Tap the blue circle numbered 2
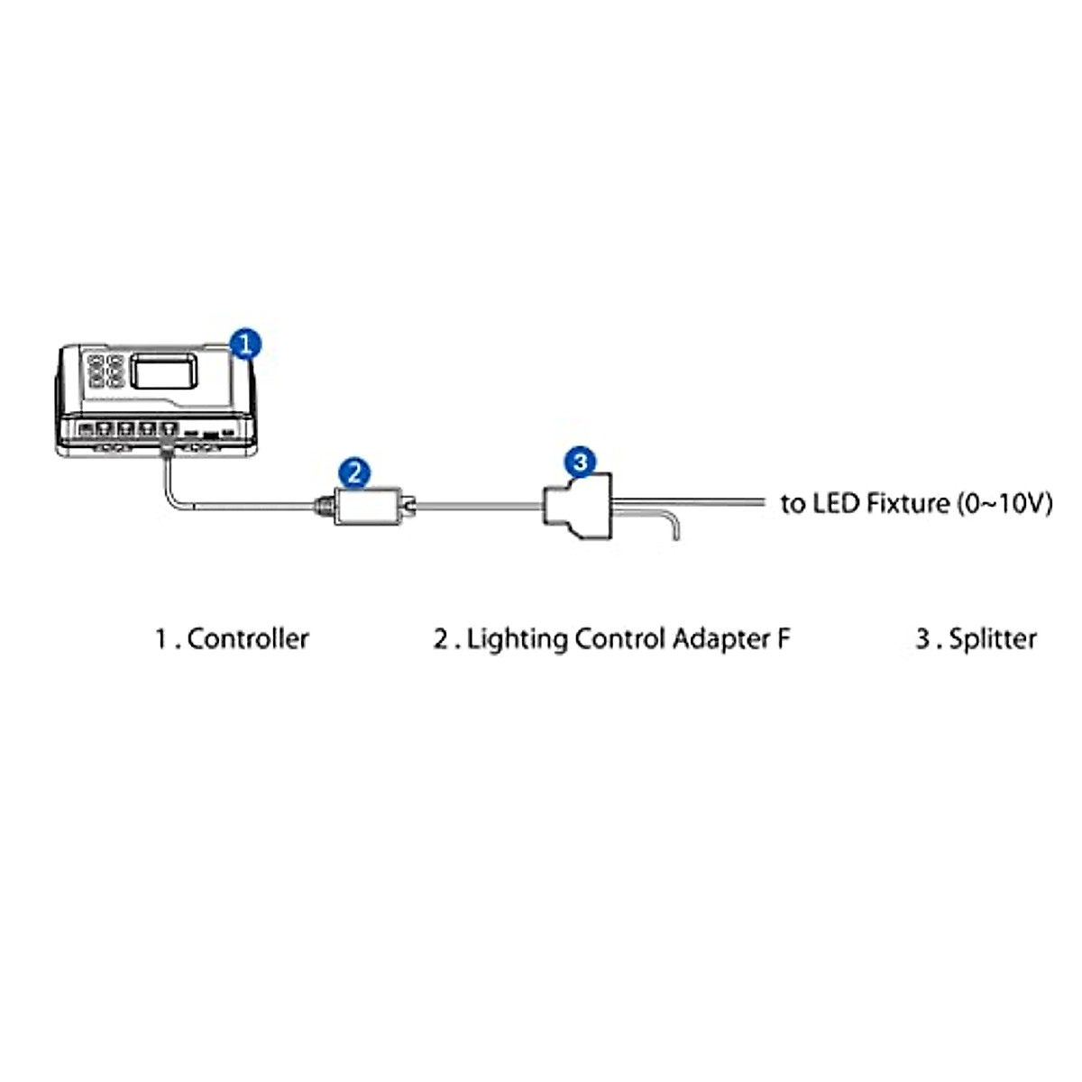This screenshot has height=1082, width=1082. tap(354, 472)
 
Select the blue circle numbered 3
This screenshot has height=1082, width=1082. tap(581, 463)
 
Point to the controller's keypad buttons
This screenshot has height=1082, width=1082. tap(105, 371)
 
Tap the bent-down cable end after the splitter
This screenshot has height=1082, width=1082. tap(674, 527)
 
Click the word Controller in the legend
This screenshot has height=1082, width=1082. tap(248, 638)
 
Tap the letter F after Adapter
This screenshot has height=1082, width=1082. tap(783, 638)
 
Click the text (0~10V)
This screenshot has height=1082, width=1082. tap(1004, 502)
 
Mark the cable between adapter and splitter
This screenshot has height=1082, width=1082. tap(478, 507)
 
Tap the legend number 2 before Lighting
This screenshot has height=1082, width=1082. tap(441, 639)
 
